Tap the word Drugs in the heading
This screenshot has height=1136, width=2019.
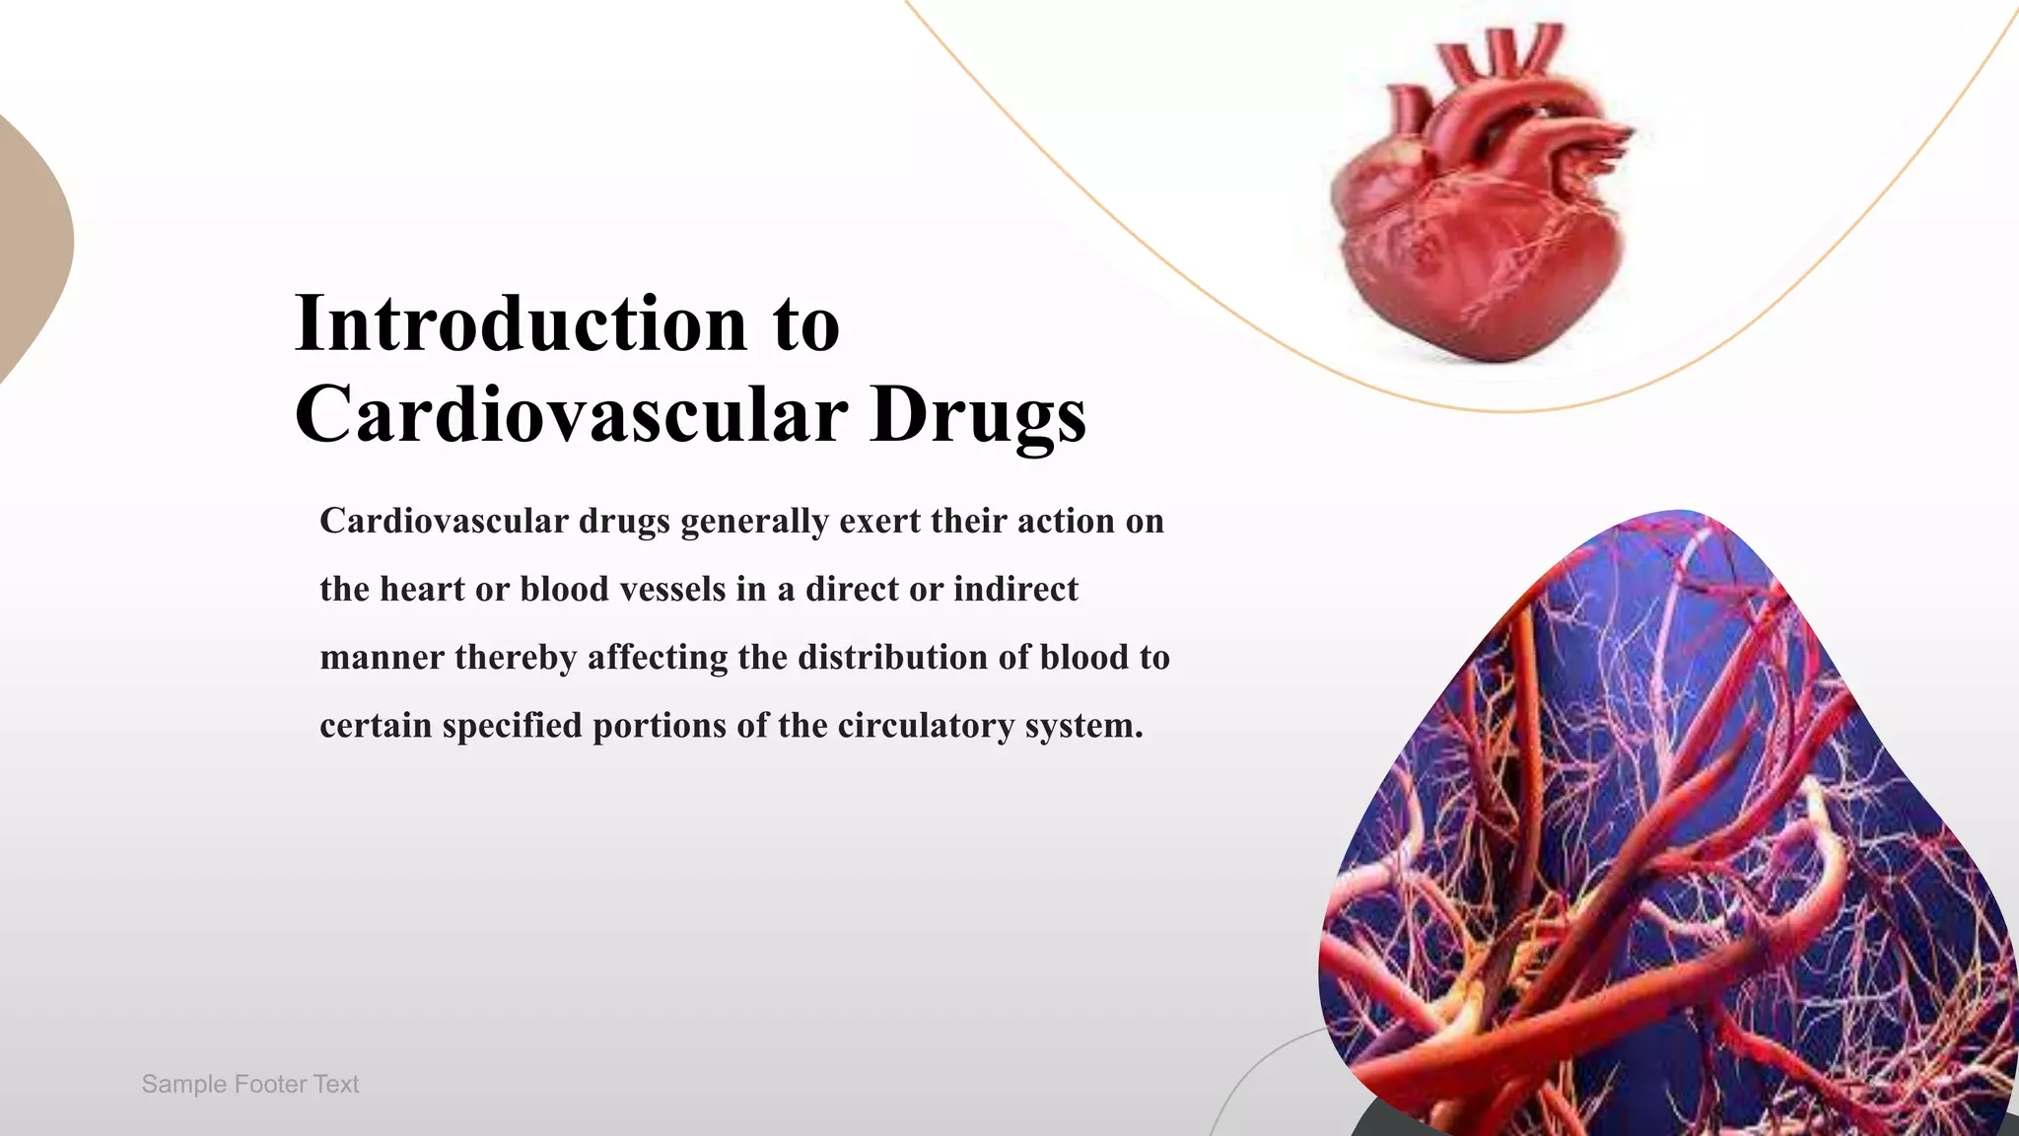[x=978, y=415]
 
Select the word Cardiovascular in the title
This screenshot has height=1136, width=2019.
[x=571, y=415]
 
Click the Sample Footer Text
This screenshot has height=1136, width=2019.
[x=250, y=1084]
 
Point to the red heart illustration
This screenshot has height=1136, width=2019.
[x=1479, y=227]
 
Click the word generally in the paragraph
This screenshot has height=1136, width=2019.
[x=754, y=522]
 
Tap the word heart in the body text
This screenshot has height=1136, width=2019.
[x=422, y=590]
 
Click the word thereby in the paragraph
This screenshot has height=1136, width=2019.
[x=516, y=658]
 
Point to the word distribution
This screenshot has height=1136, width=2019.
[x=893, y=658]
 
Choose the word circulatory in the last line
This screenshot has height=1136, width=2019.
[x=926, y=726]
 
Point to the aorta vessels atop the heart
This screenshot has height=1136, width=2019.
[x=1498, y=59]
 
